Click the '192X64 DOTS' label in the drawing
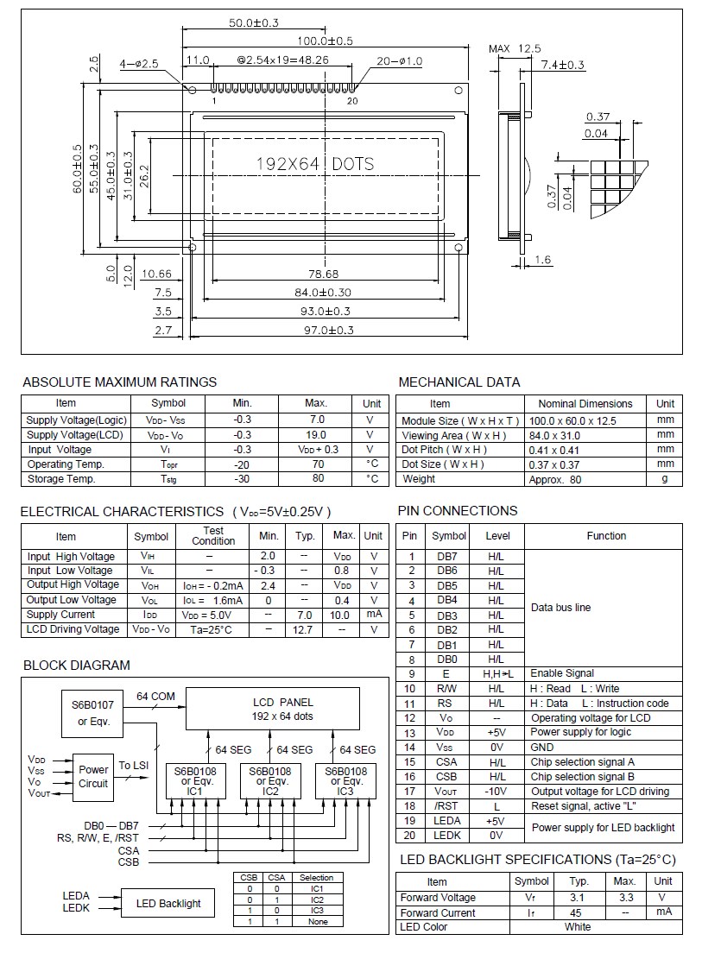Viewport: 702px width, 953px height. coord(314,163)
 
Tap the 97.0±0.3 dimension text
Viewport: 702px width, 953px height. coord(324,330)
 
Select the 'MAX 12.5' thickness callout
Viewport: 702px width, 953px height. coord(515,48)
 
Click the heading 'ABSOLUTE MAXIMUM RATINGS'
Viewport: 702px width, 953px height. coord(119,382)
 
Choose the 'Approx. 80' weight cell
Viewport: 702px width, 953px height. coord(554,479)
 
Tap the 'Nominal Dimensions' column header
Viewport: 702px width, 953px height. coord(585,403)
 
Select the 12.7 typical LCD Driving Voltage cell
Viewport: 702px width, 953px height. coord(304,629)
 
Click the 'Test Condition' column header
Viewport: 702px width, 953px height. coord(212,536)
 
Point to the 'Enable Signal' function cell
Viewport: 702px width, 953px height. coord(562,673)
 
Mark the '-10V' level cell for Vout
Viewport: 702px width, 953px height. coord(496,791)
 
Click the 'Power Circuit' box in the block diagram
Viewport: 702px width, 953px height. coord(93,776)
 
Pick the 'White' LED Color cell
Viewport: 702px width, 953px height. coord(578,926)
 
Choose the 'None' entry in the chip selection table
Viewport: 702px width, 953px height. coord(317,921)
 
